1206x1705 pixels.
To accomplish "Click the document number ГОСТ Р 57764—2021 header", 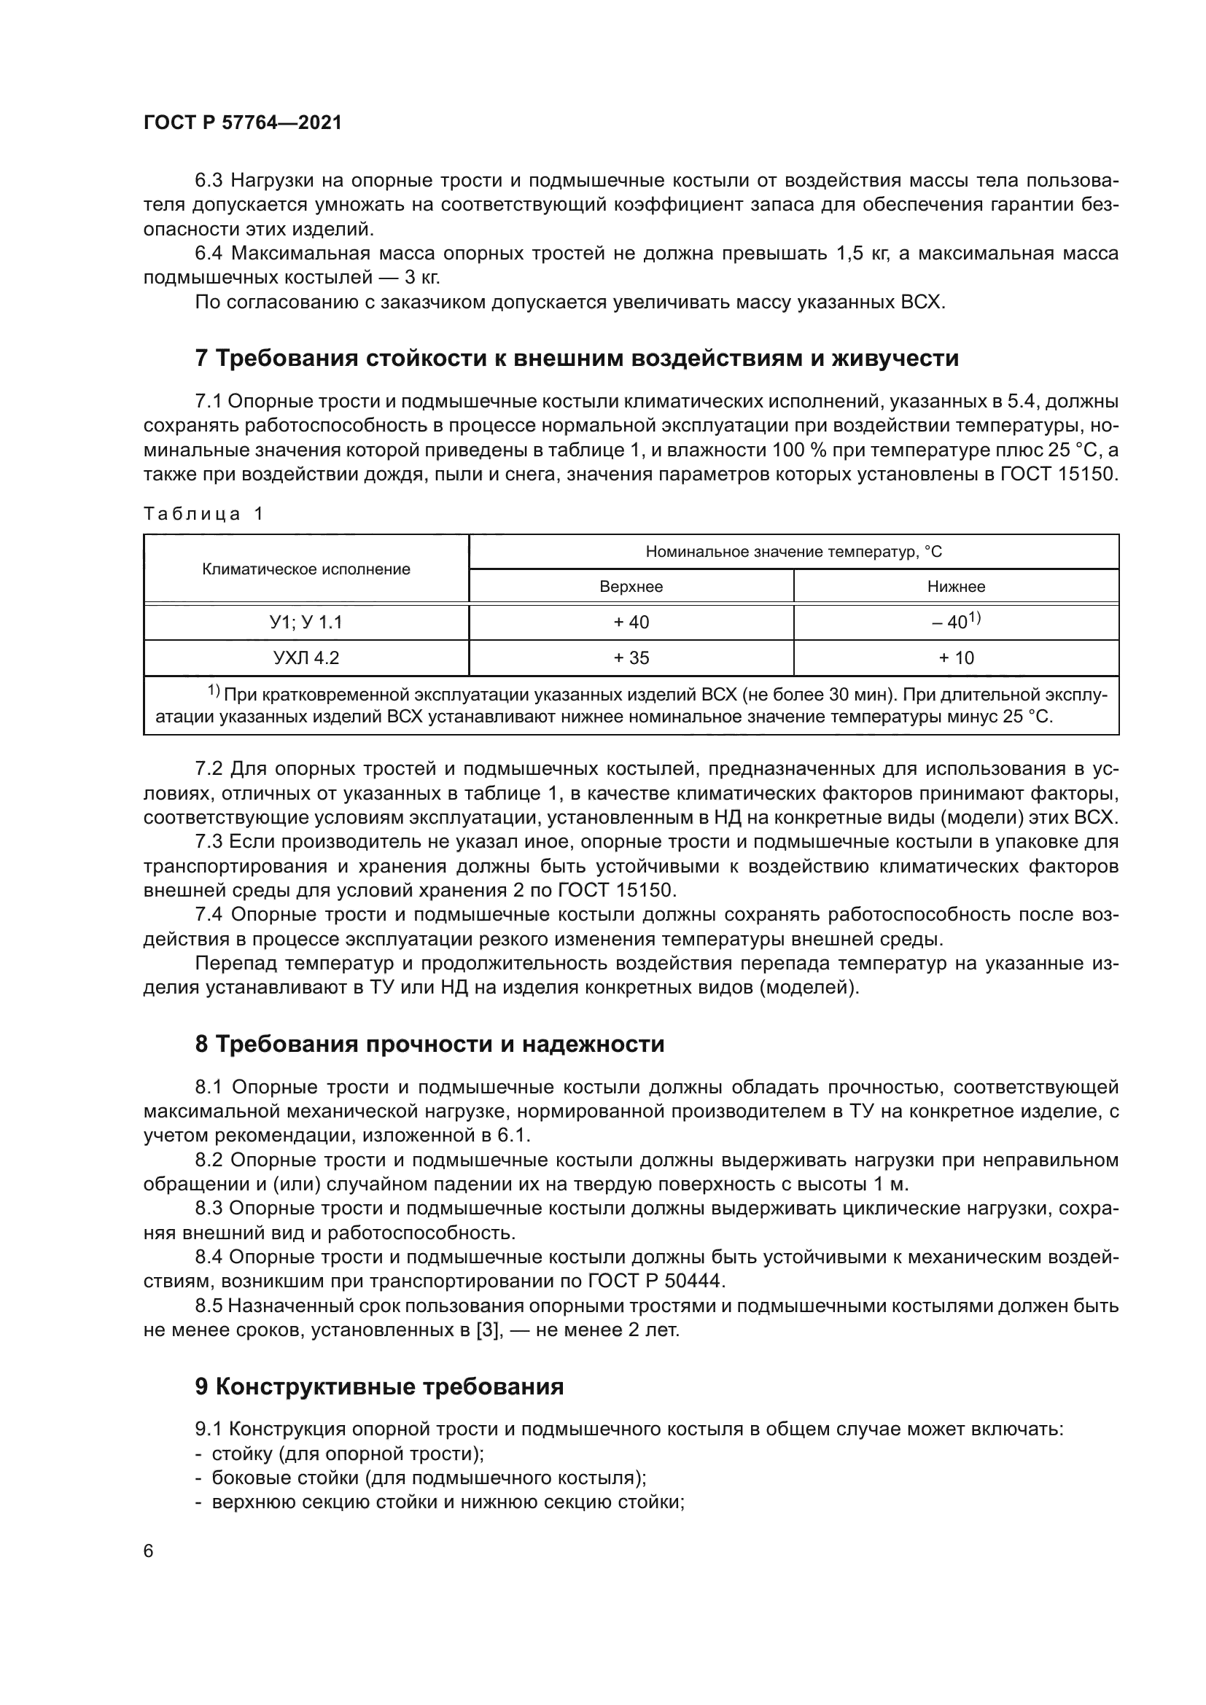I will [242, 123].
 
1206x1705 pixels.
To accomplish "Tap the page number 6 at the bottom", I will [149, 1551].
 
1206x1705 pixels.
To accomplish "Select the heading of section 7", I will [576, 358].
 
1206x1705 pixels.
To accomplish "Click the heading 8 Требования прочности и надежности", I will [429, 1044].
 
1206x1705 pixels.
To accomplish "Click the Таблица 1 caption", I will [203, 514].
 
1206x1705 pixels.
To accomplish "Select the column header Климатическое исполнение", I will [306, 569].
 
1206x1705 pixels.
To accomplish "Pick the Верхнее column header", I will [631, 587].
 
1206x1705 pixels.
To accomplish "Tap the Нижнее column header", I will [956, 587].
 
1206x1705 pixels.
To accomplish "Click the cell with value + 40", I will [631, 623].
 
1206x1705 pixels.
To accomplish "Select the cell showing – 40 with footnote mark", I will [956, 622].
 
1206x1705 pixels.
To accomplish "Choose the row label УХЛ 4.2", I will [306, 658].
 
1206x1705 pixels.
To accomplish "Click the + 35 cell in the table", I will [631, 658].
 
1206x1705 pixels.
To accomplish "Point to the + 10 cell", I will [956, 658].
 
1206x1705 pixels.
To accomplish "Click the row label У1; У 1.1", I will [306, 623].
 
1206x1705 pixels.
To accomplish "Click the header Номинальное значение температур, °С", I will [793, 552].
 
